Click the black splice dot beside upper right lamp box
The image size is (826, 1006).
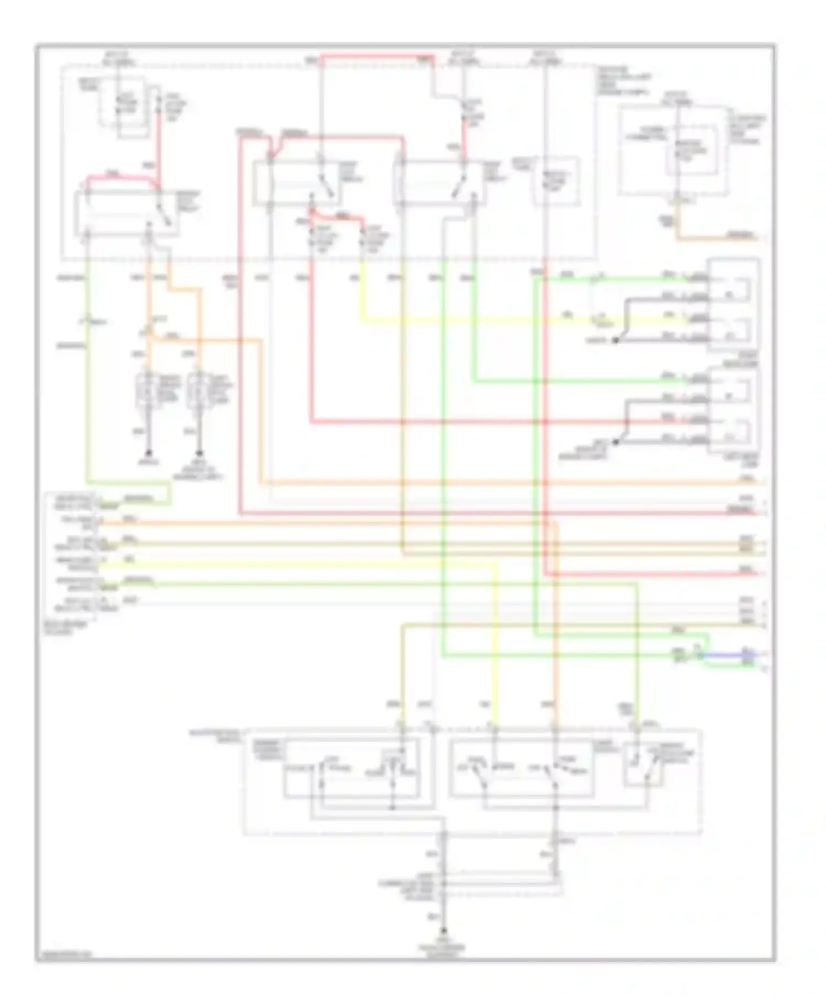click(616, 341)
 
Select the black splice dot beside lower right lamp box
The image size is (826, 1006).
click(616, 441)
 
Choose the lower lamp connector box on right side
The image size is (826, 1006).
click(735, 410)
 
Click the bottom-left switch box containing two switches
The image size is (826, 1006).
click(352, 767)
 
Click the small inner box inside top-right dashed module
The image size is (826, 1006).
click(691, 150)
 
